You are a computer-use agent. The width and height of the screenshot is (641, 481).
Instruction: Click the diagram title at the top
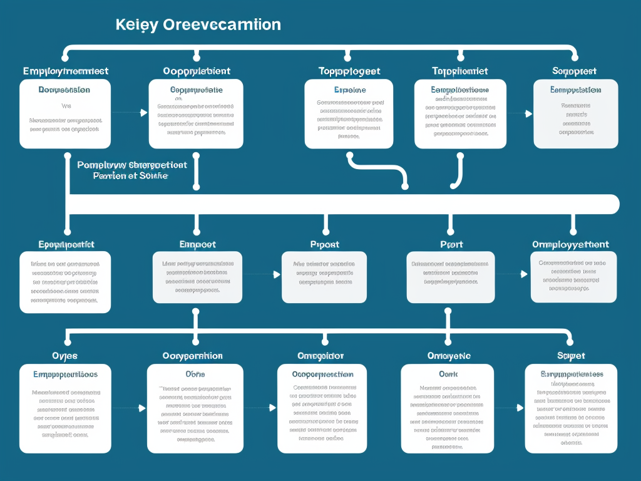[198, 25]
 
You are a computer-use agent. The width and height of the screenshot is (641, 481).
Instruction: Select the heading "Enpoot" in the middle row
[197, 244]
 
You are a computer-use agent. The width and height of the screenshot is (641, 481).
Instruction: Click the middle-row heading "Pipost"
[324, 244]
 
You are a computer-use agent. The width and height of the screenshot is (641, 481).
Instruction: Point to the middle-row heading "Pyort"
[449, 244]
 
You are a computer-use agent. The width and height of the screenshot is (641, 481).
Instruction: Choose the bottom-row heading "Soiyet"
[571, 356]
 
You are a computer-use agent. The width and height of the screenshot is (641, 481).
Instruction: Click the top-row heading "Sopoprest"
[575, 71]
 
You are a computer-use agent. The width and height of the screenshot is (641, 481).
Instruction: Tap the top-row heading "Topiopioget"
[349, 71]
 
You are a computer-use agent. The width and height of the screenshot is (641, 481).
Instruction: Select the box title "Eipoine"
[350, 90]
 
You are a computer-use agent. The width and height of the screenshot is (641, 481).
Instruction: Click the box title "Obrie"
[195, 374]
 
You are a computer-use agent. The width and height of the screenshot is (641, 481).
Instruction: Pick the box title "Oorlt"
[448, 374]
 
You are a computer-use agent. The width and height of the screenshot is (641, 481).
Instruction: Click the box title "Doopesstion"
[64, 90]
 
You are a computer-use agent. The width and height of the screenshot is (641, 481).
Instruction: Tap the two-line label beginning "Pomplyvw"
[131, 170]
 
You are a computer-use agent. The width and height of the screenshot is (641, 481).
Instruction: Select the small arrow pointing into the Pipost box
[275, 274]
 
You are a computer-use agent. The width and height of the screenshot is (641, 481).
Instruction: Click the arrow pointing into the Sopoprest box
[528, 114]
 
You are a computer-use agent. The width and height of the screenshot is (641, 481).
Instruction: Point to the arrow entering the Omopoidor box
[270, 408]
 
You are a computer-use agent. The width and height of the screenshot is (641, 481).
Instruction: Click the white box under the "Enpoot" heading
[198, 277]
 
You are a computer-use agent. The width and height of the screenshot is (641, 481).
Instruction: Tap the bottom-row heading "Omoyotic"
[449, 356]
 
